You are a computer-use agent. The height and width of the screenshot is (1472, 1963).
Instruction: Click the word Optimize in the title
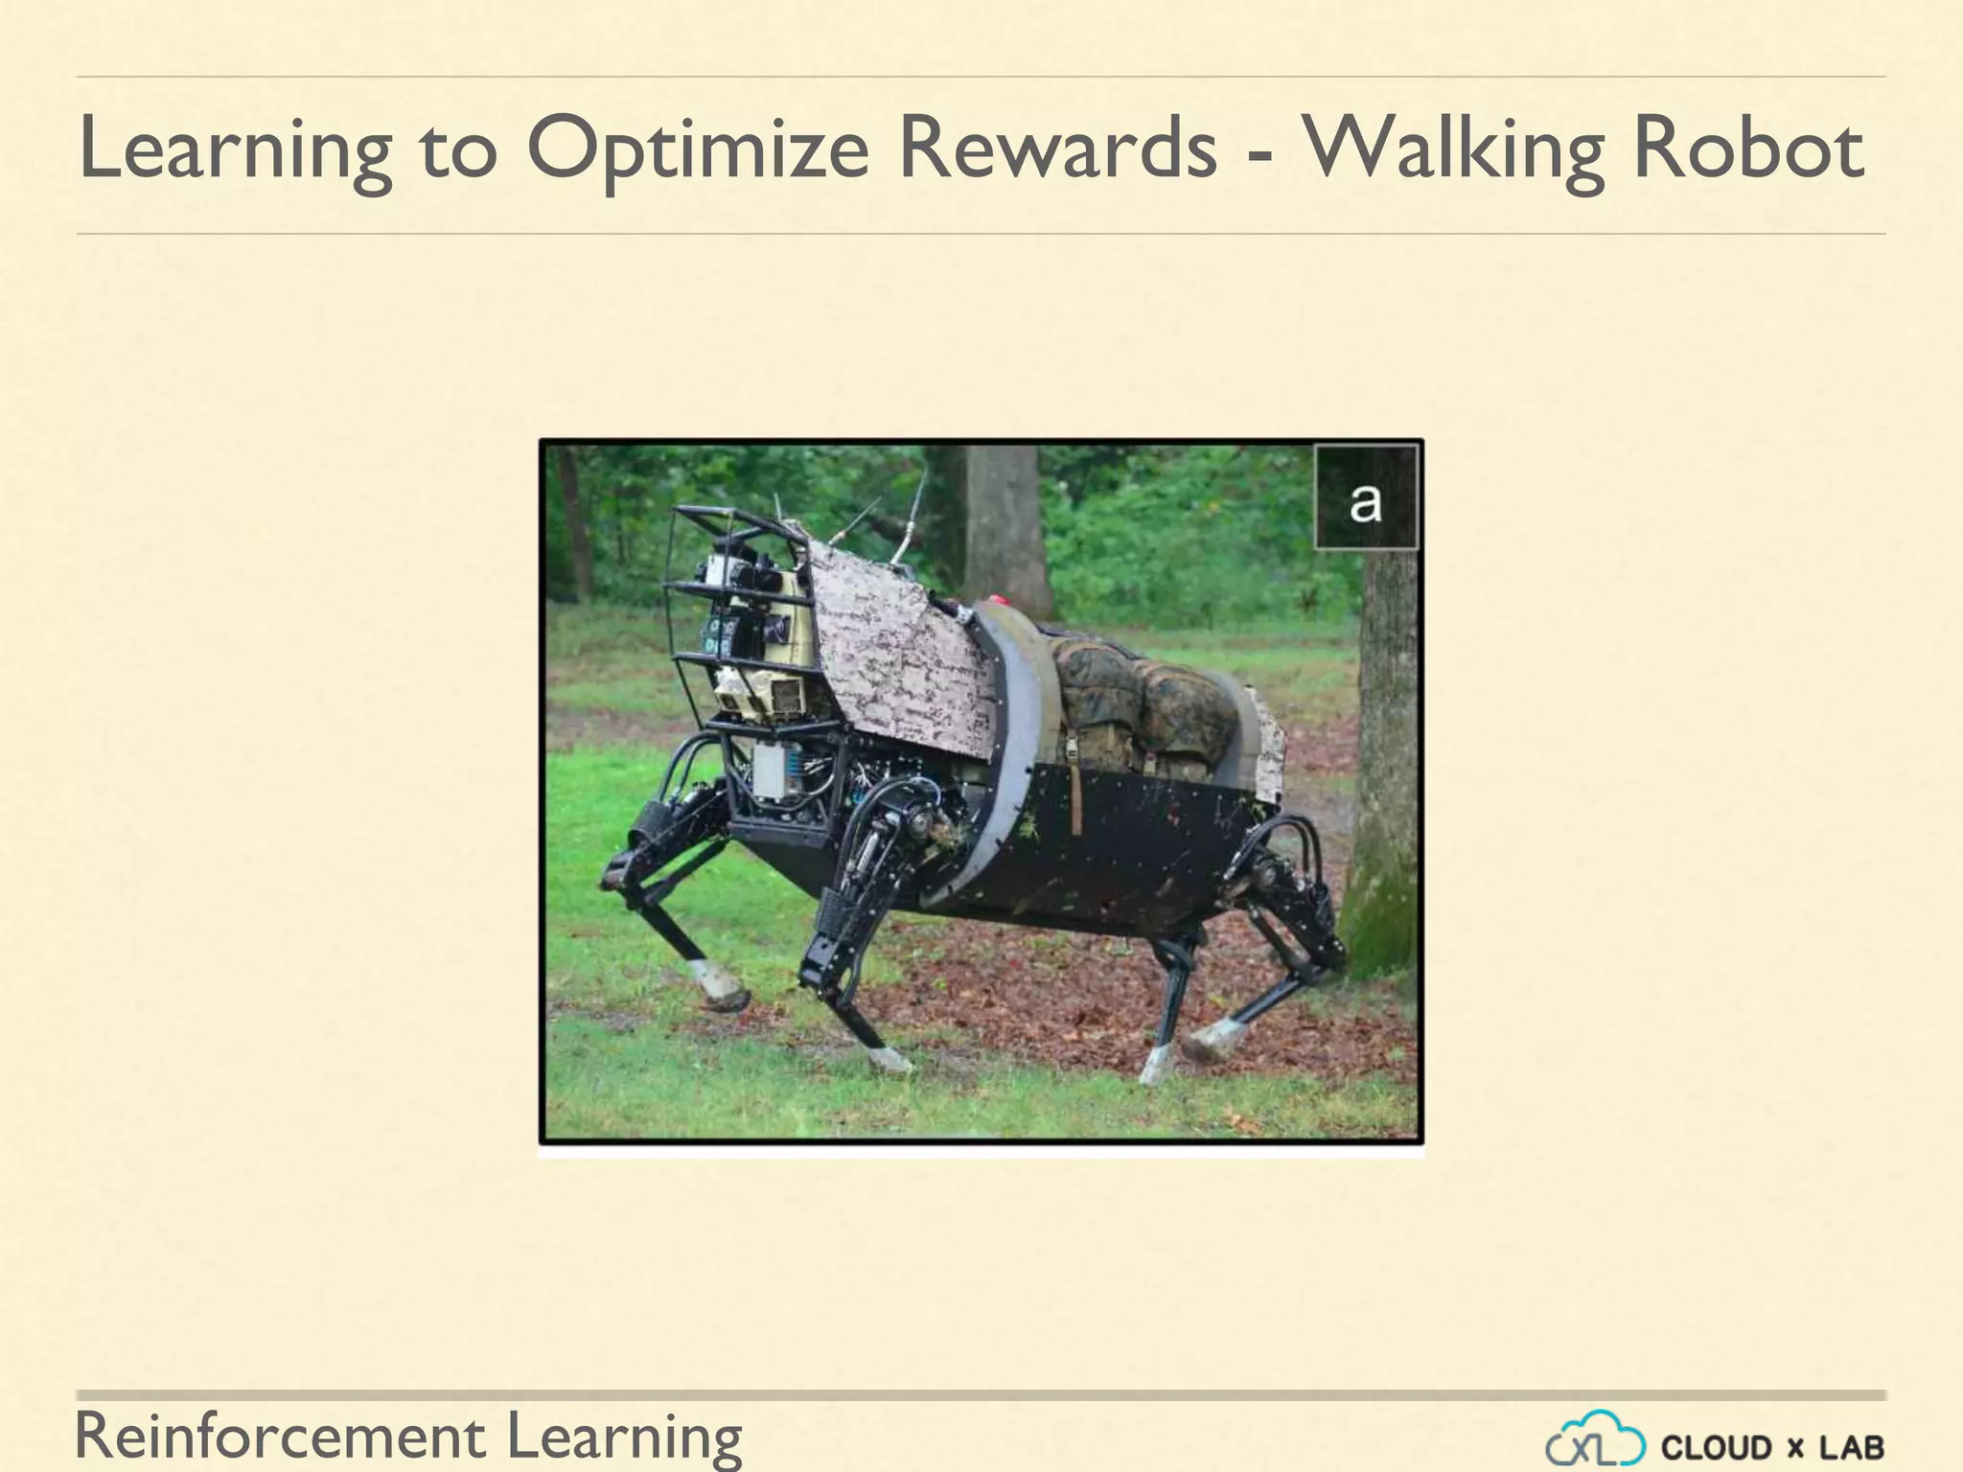click(697, 150)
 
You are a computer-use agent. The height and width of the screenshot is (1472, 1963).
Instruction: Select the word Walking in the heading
click(1451, 150)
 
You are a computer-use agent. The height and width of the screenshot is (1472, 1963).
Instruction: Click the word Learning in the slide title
click(235, 150)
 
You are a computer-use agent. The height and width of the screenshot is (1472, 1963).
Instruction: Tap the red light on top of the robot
click(999, 602)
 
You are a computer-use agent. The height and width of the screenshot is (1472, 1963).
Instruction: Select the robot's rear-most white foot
click(1215, 1037)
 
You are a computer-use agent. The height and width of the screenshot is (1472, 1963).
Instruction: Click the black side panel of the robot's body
click(1131, 843)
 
